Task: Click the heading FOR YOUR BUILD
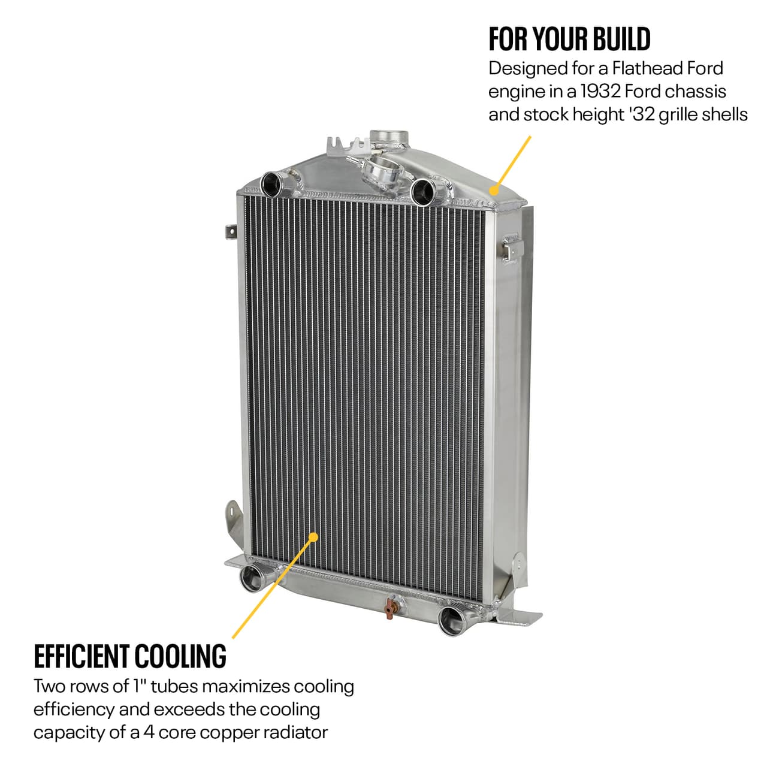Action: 569,39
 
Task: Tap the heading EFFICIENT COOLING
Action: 130,656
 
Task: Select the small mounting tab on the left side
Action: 230,231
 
